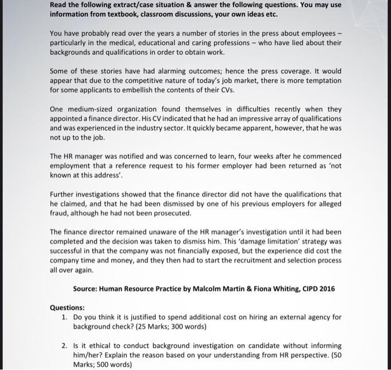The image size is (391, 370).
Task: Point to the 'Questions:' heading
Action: point(67,307)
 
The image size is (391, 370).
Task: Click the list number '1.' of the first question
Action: point(65,317)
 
